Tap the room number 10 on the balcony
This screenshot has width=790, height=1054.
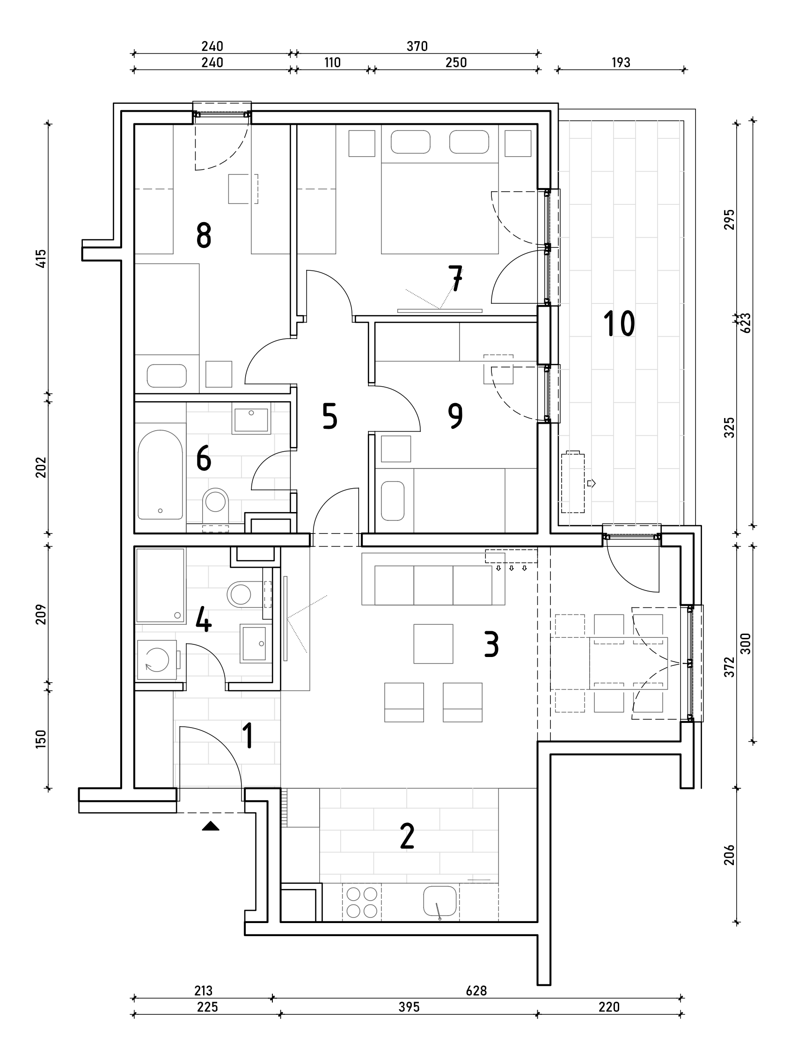619,324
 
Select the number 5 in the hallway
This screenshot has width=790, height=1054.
329,416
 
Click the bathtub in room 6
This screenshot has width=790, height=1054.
160,475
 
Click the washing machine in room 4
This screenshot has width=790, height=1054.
157,660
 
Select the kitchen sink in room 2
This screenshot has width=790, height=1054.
439,901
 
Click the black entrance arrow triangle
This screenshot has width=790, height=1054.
210,826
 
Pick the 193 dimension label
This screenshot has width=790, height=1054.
621,62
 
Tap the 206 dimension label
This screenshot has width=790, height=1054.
730,854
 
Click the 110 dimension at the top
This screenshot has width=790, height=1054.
332,62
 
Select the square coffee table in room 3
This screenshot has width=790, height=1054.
433,643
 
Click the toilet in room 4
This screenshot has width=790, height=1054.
240,594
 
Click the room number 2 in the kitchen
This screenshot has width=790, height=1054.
407,836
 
